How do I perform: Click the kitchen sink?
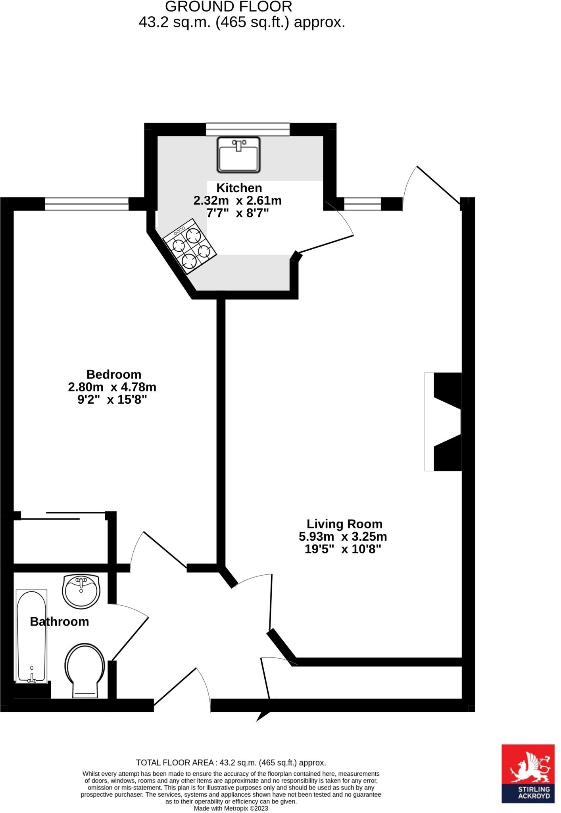tap(238, 155)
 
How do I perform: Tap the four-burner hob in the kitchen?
tap(190, 246)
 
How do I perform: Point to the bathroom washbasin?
tap(81, 591)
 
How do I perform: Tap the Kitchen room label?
tap(239, 188)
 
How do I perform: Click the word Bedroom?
tap(114, 374)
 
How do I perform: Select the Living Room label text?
tap(344, 524)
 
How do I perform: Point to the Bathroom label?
tap(60, 621)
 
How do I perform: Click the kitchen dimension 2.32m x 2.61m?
tap(237, 200)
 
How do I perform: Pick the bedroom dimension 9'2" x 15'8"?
tap(112, 399)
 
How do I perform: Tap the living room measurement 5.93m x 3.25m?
tap(343, 537)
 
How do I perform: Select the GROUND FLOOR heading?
tap(229, 7)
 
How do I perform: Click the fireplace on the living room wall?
tap(444, 422)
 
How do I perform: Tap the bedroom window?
tap(86, 204)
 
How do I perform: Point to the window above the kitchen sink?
tap(248, 129)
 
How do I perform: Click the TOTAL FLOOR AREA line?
tap(231, 763)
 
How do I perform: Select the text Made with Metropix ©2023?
tap(231, 808)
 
